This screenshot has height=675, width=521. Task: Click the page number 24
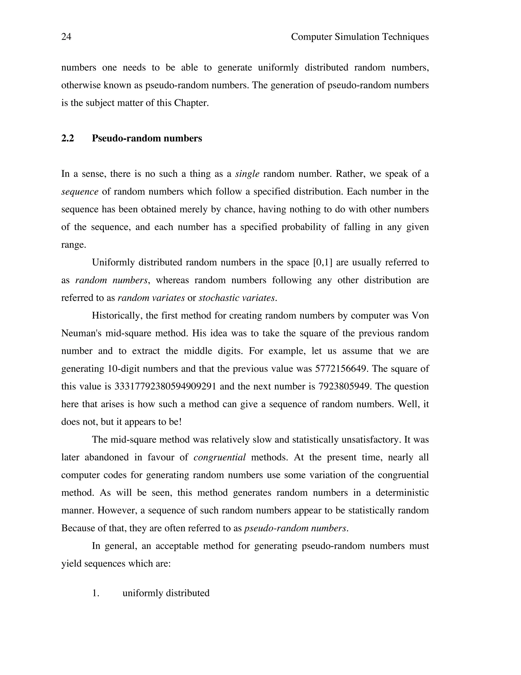click(x=66, y=37)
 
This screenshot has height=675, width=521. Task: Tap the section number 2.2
click(x=68, y=138)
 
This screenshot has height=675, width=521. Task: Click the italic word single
click(x=247, y=174)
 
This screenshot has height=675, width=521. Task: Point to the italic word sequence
click(x=80, y=192)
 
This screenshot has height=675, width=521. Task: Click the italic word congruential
click(x=220, y=457)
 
